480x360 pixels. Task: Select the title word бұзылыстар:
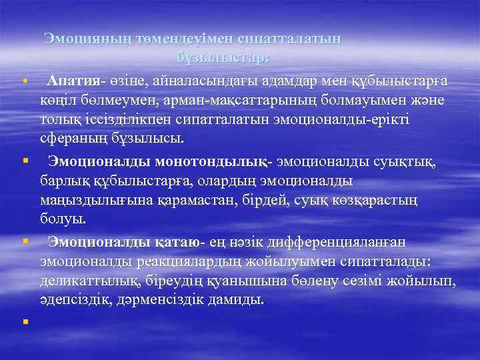pos(224,59)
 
